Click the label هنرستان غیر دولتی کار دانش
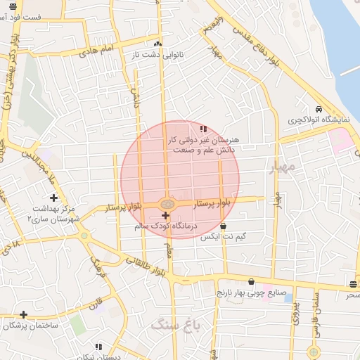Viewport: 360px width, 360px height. [x=205, y=144]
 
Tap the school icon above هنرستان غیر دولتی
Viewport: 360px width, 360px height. [x=203, y=129]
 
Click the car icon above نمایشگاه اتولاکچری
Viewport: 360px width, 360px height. [x=319, y=110]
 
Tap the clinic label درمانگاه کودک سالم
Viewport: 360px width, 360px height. [x=167, y=226]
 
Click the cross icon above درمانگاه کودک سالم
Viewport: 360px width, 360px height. [x=165, y=215]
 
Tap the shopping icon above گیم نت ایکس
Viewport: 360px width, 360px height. [x=223, y=226]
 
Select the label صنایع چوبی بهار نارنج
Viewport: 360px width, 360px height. [x=250, y=291]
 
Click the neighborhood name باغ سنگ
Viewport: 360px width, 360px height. [x=175, y=326]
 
